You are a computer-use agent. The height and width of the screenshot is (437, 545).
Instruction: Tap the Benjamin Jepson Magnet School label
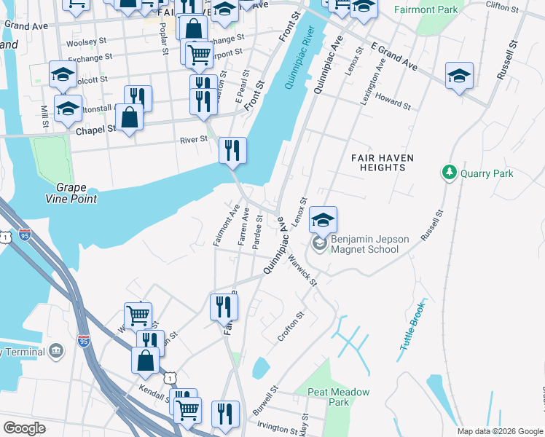364,244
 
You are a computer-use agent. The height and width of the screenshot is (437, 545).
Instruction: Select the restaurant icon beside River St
232,151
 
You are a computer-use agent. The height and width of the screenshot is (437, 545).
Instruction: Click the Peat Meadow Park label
337,397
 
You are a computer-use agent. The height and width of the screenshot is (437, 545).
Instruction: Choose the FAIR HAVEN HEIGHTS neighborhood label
382,162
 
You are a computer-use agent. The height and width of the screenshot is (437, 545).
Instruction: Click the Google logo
24,428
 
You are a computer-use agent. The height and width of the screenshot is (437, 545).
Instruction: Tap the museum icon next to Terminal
57,353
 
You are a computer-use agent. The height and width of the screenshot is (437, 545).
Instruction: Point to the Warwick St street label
302,269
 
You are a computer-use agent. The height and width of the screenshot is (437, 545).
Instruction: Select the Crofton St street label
290,328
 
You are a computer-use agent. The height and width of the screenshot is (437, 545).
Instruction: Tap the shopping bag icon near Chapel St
129,118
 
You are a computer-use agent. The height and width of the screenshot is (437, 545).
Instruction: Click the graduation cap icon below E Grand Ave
458,76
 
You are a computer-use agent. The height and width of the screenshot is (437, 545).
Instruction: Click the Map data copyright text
500,431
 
